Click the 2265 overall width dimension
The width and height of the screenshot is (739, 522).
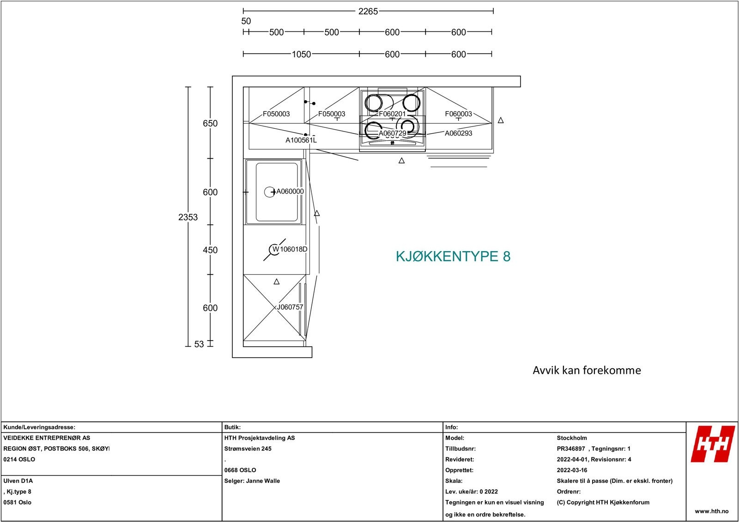(x=368, y=11)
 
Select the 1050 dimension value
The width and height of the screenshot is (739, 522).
(x=301, y=54)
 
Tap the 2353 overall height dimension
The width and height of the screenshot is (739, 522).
(x=188, y=217)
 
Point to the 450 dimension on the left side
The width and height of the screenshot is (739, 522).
(x=210, y=250)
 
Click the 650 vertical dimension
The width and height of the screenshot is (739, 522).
(x=210, y=123)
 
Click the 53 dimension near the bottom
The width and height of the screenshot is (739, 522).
(x=199, y=344)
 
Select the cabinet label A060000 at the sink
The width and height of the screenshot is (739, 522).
(x=290, y=192)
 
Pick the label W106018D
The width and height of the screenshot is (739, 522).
(x=290, y=249)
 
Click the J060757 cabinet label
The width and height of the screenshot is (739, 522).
(x=290, y=307)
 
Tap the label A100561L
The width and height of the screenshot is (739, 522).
(x=301, y=140)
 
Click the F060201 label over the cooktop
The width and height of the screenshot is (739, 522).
(x=392, y=114)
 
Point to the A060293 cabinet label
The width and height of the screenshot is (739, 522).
(x=458, y=133)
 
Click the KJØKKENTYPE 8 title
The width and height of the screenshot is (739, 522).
(x=453, y=257)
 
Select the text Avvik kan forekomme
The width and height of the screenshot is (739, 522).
(x=587, y=370)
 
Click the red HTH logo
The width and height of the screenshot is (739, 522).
(x=713, y=444)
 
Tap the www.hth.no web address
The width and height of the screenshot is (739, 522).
(x=711, y=511)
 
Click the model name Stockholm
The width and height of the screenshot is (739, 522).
(x=572, y=438)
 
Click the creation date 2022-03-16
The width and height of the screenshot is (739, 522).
(x=572, y=470)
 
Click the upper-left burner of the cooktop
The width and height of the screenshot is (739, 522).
(x=374, y=102)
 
